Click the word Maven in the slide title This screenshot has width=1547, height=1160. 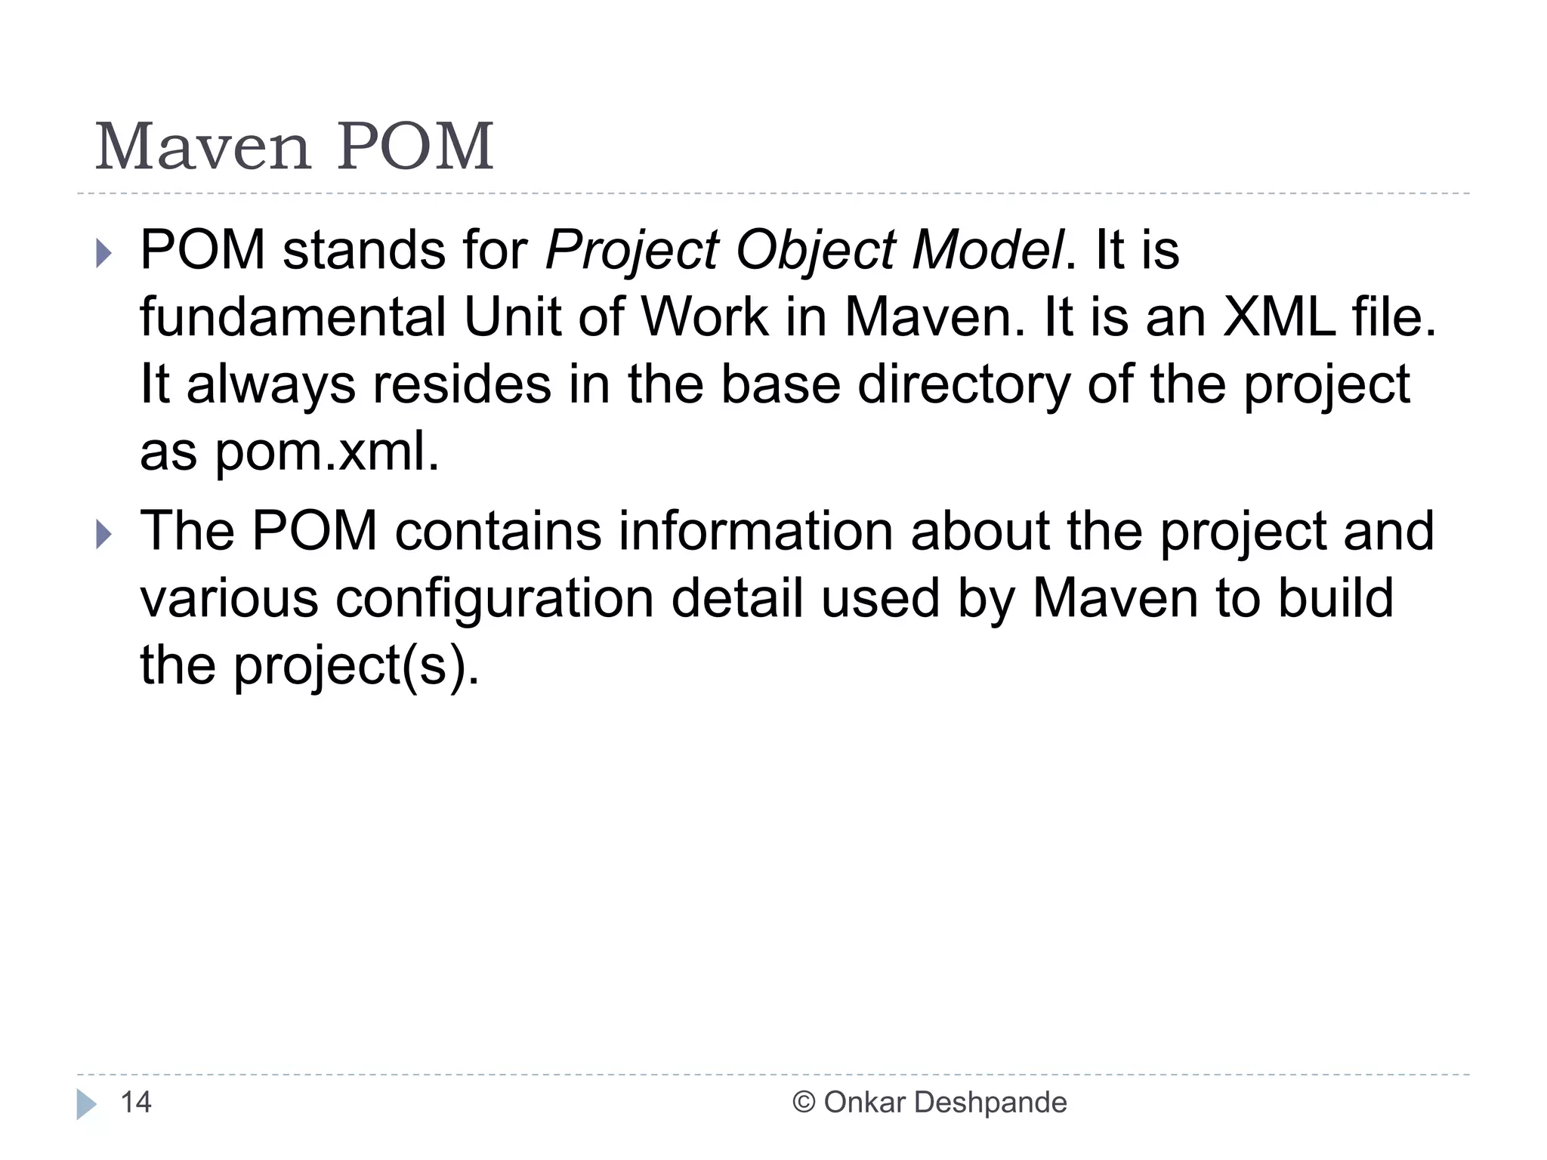[x=203, y=147]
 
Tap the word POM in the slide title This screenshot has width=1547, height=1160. [x=415, y=147]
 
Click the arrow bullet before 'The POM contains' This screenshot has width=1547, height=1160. [x=104, y=535]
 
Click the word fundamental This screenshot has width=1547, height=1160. [x=293, y=317]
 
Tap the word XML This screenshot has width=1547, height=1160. [x=1279, y=317]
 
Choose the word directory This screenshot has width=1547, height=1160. [x=964, y=386]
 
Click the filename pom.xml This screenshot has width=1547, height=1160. [x=327, y=452]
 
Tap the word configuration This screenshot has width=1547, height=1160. [x=495, y=599]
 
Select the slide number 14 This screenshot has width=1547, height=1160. [x=136, y=1103]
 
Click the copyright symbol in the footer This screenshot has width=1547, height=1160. [x=804, y=1103]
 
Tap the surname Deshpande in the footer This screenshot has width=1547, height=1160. [x=990, y=1103]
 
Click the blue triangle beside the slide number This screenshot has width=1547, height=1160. [x=86, y=1104]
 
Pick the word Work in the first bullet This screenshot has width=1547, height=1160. [x=705, y=317]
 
